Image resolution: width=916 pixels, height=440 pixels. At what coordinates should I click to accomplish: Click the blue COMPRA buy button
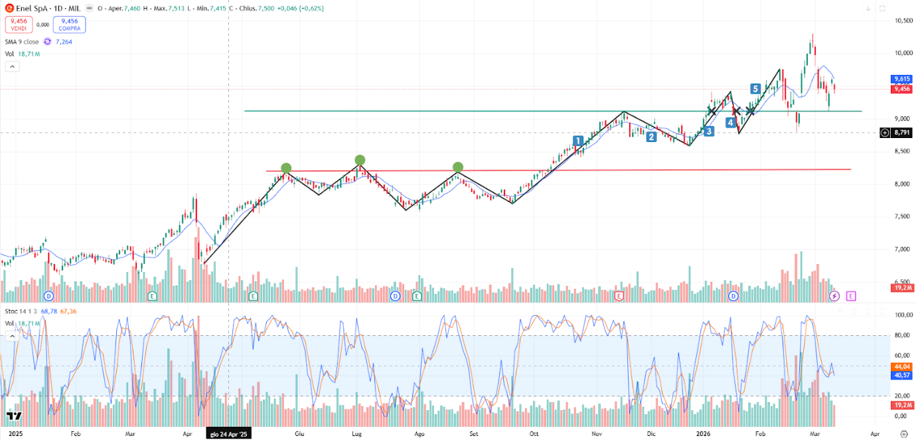tap(69, 25)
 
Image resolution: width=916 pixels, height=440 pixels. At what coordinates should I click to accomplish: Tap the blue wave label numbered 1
tap(578, 141)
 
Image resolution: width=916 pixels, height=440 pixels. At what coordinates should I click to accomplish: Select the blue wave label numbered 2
tap(652, 137)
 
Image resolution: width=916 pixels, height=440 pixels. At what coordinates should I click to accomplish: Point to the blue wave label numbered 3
tap(709, 131)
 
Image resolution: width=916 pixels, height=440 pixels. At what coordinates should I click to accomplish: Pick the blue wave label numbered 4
tap(730, 123)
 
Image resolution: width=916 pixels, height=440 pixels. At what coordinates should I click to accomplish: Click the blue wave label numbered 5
tap(755, 89)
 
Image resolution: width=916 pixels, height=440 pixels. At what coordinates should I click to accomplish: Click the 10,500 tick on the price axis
tap(900, 21)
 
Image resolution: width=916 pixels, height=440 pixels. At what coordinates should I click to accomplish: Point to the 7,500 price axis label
tap(900, 216)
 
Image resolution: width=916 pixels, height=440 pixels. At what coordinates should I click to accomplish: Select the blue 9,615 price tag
tap(901, 78)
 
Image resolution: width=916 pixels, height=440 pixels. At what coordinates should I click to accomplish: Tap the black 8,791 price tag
tap(901, 133)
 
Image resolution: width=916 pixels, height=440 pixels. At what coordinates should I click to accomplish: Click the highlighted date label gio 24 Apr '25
tap(228, 433)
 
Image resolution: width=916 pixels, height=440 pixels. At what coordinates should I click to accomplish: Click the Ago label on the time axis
tap(419, 433)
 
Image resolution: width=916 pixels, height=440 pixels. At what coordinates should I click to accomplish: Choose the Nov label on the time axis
tap(597, 433)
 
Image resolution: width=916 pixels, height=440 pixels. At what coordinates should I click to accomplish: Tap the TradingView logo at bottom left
tap(14, 416)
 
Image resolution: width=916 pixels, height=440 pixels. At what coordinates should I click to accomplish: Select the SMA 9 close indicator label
tap(22, 42)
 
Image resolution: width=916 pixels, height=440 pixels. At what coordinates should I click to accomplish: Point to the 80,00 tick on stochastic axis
tap(900, 336)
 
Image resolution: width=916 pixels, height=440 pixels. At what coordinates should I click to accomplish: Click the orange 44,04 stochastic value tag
tap(901, 366)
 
